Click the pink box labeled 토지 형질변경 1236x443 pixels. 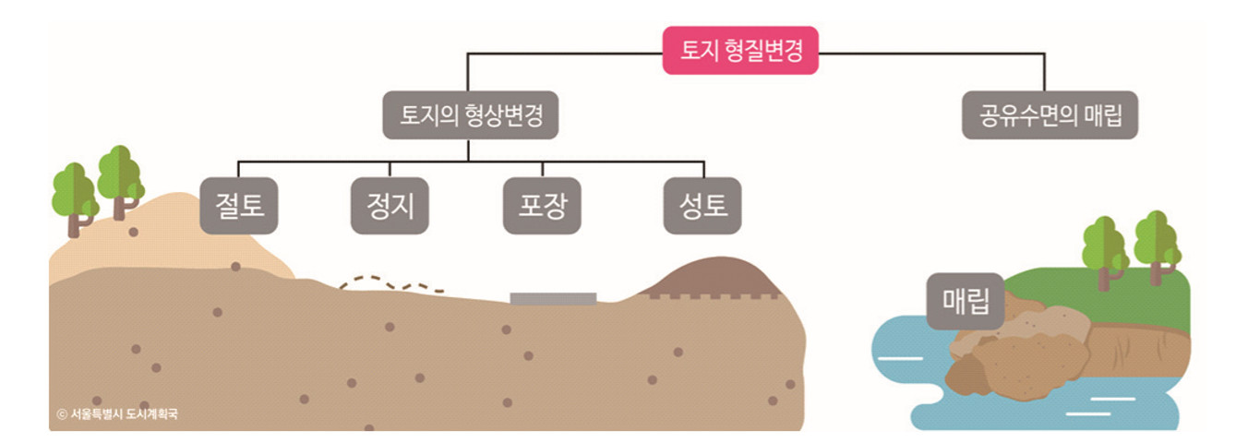740,50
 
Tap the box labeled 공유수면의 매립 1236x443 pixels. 1050,114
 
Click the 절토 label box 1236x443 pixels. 239,205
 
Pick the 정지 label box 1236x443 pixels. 390,205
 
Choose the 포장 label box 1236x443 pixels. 541,205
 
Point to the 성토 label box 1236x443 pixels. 702,205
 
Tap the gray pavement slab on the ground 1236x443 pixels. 553,298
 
